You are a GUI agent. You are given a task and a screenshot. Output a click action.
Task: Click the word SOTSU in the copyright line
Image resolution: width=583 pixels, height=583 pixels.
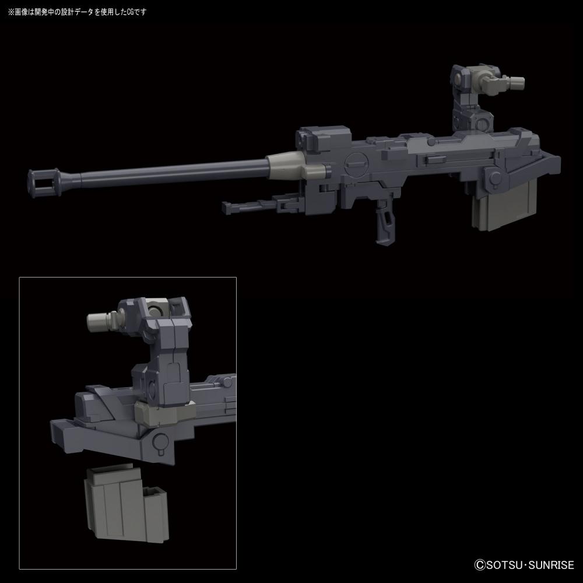pos(504,565)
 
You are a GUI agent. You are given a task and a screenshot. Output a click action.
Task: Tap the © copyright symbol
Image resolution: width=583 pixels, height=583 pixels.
pos(479,565)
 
